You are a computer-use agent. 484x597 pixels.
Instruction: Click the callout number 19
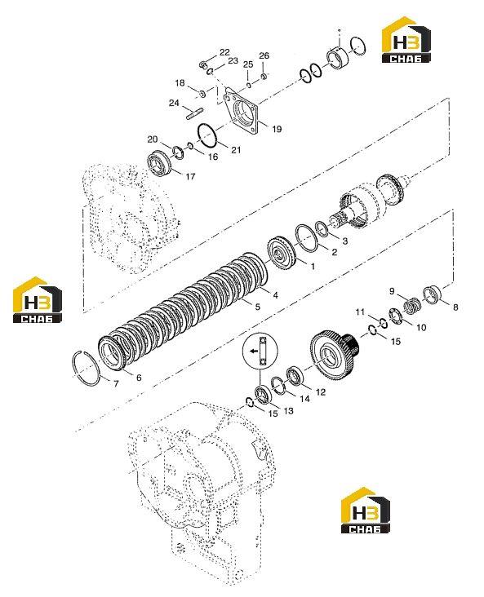[277, 129]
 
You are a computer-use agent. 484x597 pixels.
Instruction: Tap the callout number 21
[236, 150]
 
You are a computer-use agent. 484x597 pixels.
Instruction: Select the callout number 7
[116, 383]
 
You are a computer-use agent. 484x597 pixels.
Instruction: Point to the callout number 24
[174, 103]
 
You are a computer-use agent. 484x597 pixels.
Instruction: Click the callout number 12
[321, 391]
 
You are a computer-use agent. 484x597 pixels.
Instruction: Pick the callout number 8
[455, 307]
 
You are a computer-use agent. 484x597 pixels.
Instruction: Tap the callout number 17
[190, 176]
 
